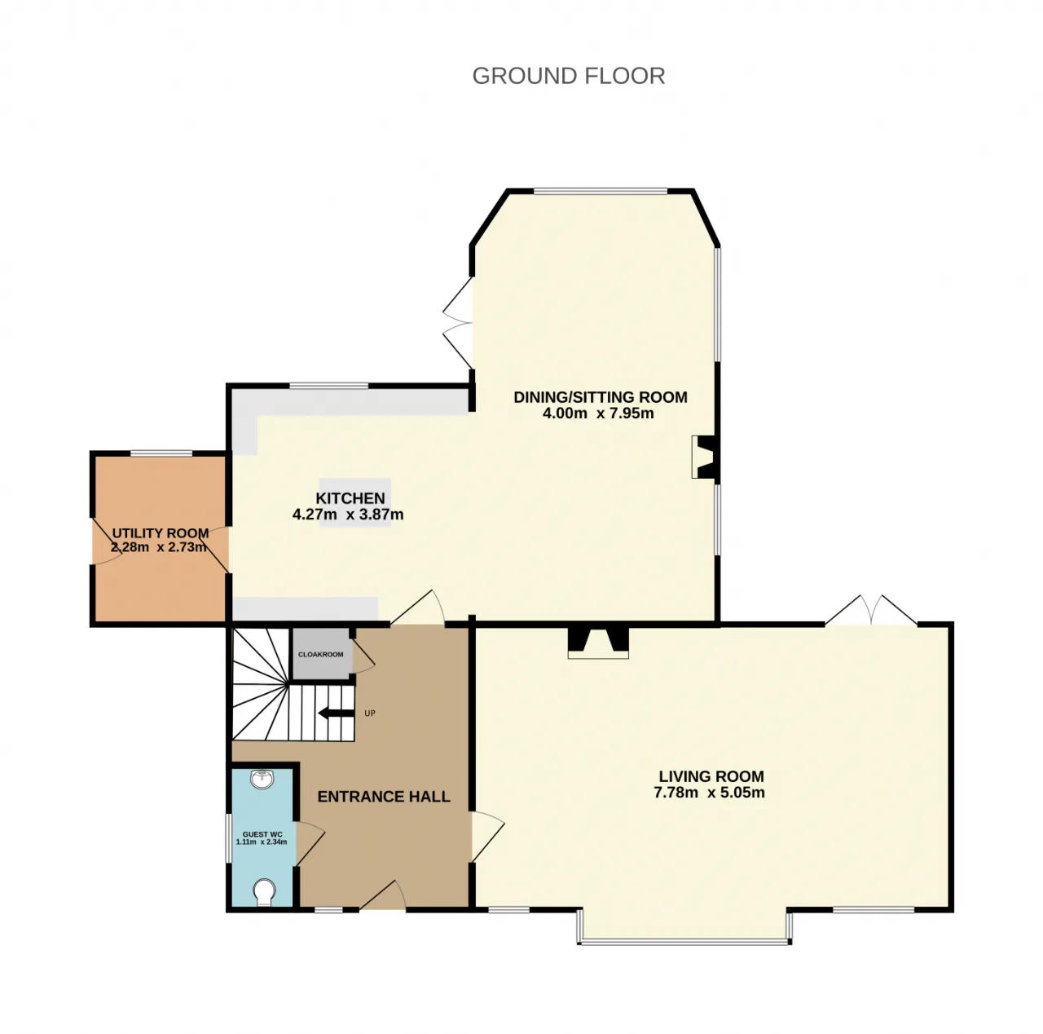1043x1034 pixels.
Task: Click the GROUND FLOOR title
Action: click(x=568, y=76)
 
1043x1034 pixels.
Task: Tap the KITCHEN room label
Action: click(x=350, y=497)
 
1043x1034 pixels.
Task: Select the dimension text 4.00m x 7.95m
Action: click(x=597, y=413)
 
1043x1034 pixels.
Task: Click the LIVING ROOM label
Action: click(x=710, y=776)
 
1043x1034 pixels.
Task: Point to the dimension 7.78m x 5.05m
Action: click(x=708, y=793)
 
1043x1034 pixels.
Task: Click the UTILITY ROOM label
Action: click(x=161, y=533)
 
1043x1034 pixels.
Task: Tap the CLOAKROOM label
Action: click(x=320, y=654)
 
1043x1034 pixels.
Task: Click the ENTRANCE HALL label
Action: click(x=383, y=796)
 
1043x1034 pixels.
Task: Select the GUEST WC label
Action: click(x=262, y=834)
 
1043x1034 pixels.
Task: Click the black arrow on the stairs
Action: click(x=336, y=714)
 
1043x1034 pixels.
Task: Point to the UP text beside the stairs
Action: click(x=369, y=714)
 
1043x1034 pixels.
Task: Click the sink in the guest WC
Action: click(x=262, y=780)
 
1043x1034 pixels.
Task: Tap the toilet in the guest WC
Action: click(x=263, y=891)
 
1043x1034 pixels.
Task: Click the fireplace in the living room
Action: click(x=597, y=643)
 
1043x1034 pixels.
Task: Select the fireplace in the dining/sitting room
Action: click(x=705, y=457)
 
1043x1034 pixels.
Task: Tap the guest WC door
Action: click(x=310, y=843)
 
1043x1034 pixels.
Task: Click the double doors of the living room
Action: click(x=870, y=610)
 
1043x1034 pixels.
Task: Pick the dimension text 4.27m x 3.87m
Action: click(x=347, y=514)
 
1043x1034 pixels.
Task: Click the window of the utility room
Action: click(x=161, y=453)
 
